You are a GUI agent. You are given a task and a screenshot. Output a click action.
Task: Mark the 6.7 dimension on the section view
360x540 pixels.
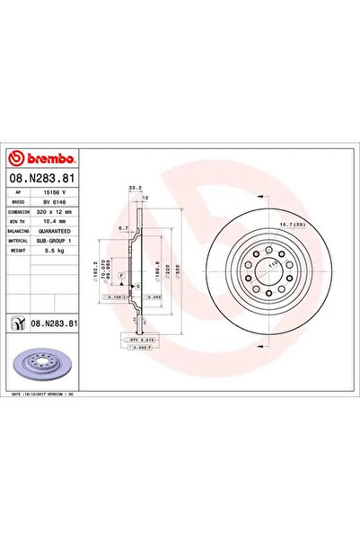coord(122,228)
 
